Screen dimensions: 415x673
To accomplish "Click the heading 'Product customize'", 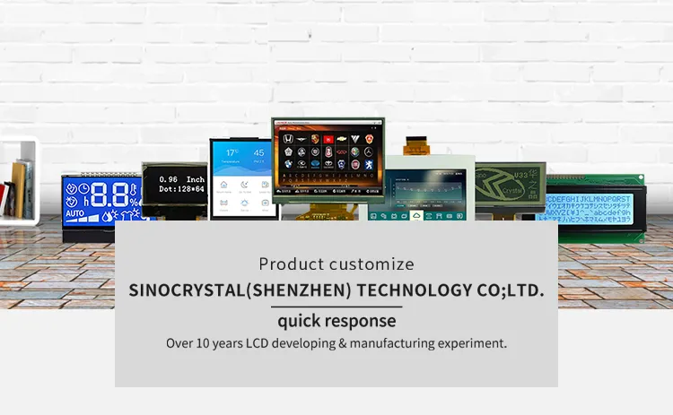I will point(336,264).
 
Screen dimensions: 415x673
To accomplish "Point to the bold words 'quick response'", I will point(336,321).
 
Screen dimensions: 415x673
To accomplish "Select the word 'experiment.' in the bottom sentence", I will point(471,343).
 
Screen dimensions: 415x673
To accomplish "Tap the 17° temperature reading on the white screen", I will point(231,153).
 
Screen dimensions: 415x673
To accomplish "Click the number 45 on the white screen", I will point(258,153).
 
